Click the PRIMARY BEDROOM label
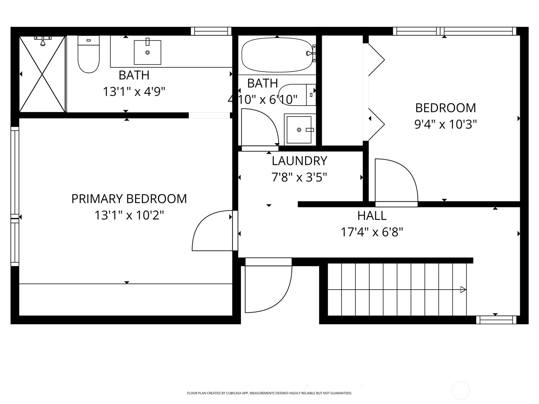click(x=129, y=199)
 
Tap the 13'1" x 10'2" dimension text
click(x=129, y=215)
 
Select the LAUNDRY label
click(x=299, y=161)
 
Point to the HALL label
click(x=372, y=215)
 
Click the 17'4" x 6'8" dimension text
click(x=372, y=232)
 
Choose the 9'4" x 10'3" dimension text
click(x=445, y=125)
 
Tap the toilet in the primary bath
click(x=88, y=54)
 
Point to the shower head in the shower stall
click(x=43, y=41)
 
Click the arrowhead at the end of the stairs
click(x=463, y=290)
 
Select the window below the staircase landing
click(x=496, y=320)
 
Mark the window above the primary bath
click(x=211, y=31)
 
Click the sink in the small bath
click(x=299, y=130)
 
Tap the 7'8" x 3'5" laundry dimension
click(x=299, y=177)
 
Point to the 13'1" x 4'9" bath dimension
click(x=134, y=92)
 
